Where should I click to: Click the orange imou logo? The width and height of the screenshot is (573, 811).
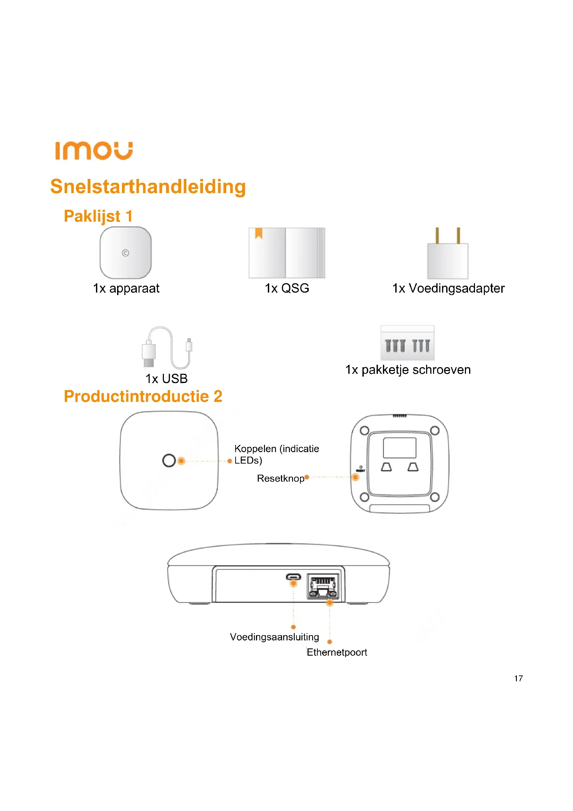(94, 151)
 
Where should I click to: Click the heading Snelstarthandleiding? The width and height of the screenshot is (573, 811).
(148, 187)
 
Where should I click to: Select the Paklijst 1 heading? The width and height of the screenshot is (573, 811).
(98, 216)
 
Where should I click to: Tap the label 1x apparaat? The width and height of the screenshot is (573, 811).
(126, 288)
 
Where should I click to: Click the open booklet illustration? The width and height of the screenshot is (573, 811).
(286, 253)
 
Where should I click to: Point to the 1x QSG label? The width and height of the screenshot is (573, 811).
(287, 288)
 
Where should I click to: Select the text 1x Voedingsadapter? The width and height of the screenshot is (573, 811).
(448, 288)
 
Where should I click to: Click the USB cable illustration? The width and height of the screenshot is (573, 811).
(167, 348)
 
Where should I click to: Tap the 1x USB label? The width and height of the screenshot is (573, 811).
(167, 379)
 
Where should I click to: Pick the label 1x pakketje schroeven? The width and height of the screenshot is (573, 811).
(408, 370)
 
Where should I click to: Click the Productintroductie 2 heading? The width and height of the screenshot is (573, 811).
(143, 396)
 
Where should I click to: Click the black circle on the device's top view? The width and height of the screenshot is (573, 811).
(169, 460)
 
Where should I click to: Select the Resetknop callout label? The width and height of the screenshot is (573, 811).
(281, 478)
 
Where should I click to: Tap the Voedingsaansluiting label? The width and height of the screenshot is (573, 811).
(274, 637)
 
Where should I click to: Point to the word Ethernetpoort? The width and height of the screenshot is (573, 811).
(337, 652)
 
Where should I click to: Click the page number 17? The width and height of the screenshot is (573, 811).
(518, 678)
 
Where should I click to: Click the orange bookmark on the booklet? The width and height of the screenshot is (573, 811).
(259, 233)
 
